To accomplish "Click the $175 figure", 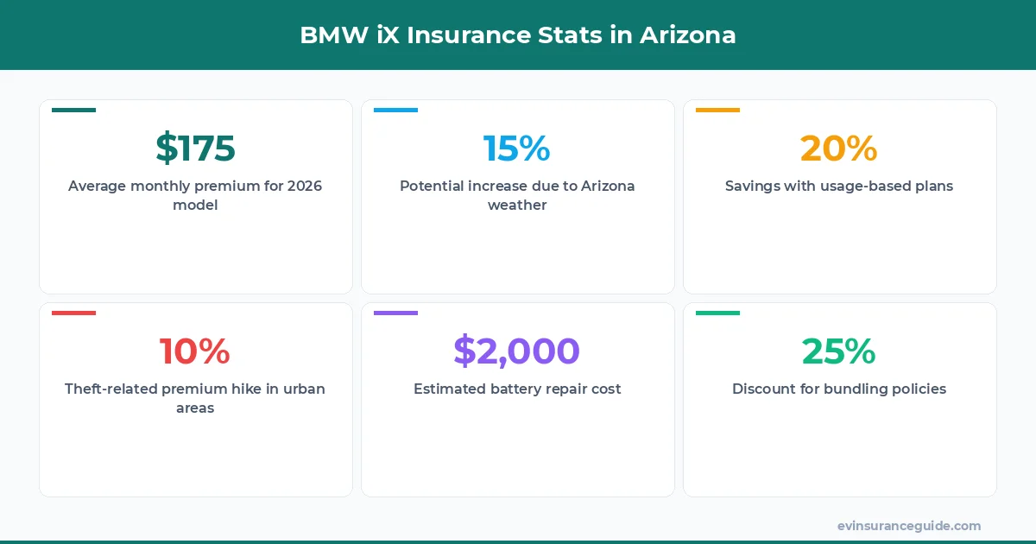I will (x=195, y=148).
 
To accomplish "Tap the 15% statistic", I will (x=516, y=148).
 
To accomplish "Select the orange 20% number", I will (x=838, y=148).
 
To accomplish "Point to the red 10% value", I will (x=195, y=351).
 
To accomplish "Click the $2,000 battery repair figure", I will (x=516, y=351).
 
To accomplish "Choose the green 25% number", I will (x=838, y=351).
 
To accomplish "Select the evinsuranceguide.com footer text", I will (x=909, y=526).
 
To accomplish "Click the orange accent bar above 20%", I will (x=717, y=110).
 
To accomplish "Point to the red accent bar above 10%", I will (x=73, y=313).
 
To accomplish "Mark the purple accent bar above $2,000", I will (x=395, y=313).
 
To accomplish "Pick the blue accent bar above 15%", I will (x=395, y=110).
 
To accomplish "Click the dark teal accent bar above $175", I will (x=73, y=110).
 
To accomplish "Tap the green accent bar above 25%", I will (x=717, y=313).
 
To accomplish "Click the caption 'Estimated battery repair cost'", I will (x=517, y=389).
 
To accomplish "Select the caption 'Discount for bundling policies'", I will (x=839, y=389).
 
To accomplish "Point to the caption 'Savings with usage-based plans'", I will (x=839, y=186).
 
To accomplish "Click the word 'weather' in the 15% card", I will (x=517, y=205).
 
